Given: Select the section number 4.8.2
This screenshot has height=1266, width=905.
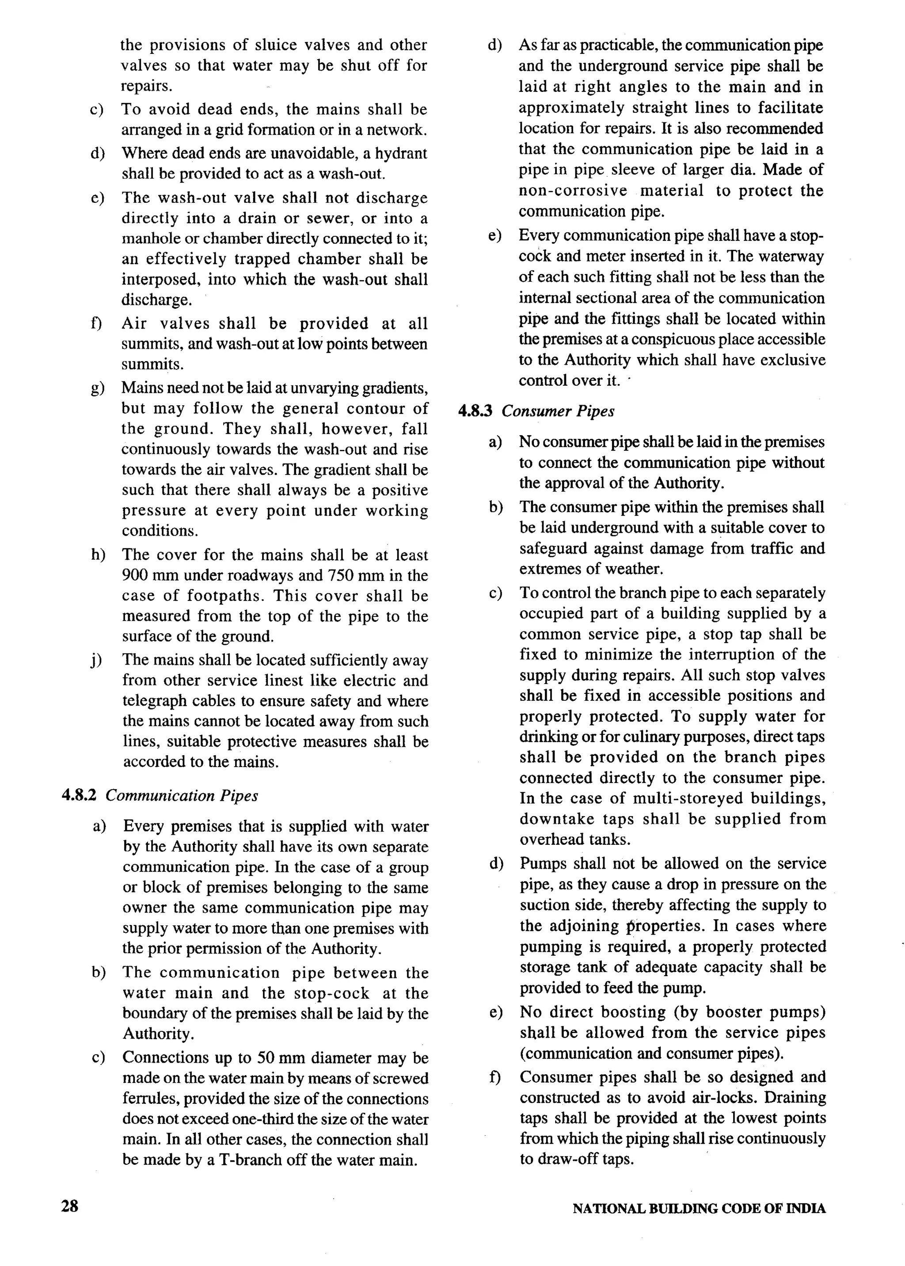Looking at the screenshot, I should click(79, 795).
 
